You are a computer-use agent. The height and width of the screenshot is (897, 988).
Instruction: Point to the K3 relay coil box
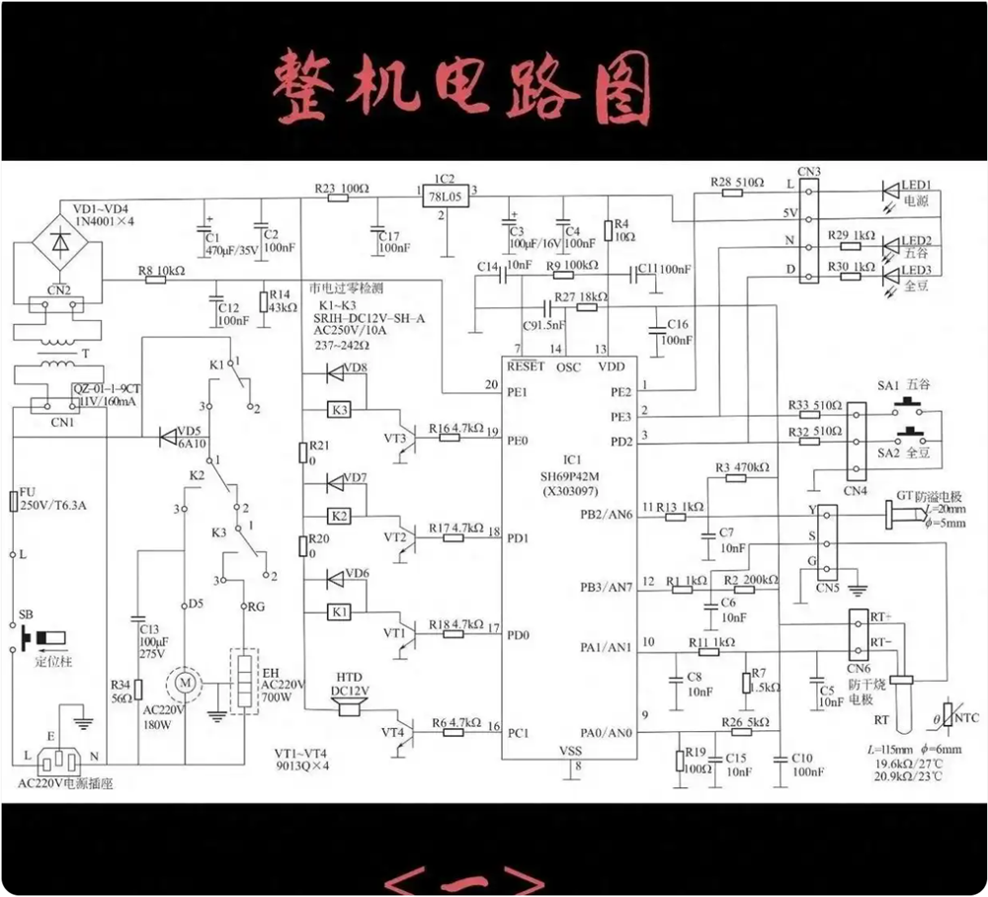coord(340,409)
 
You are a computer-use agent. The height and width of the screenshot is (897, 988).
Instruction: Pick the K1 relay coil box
coord(340,612)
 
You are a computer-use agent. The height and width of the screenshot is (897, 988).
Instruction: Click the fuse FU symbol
coord(14,501)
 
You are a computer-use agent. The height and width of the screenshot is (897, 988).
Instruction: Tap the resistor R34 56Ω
coord(139,691)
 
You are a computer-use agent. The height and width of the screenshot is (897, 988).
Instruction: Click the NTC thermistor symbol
coord(948,719)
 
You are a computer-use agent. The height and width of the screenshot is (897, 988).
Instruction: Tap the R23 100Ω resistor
coord(339,196)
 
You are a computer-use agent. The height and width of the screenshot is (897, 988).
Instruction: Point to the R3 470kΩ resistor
coord(735,478)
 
